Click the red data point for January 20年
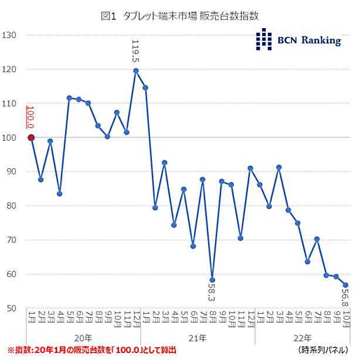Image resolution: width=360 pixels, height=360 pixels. click(31, 138)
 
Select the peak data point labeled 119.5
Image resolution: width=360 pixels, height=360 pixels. click(136, 71)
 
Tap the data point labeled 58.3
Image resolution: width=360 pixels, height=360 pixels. click(212, 280)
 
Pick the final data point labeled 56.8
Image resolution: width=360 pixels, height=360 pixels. click(346, 285)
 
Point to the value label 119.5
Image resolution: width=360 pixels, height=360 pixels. click(136, 52)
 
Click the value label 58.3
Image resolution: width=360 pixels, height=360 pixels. click(212, 293)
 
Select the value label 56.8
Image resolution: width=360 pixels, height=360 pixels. click(346, 297)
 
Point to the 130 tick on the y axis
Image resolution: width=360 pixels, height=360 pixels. click(10, 35)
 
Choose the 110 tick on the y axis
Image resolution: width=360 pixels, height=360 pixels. click(10, 104)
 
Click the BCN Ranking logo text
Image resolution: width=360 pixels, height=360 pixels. click(310, 40)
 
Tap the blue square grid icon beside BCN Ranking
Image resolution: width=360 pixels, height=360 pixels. click(265, 39)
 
